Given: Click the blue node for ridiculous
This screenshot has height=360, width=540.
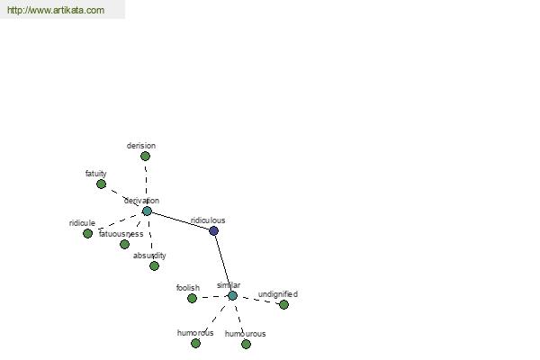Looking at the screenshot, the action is click(213, 230).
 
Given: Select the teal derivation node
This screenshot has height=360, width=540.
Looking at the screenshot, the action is click(147, 211).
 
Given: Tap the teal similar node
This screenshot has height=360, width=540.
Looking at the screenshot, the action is click(232, 295).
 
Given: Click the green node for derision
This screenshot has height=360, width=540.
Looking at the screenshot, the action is click(145, 157).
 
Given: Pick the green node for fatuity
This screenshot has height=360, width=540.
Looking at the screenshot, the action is click(101, 184).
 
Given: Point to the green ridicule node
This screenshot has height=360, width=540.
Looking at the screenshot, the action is click(88, 234).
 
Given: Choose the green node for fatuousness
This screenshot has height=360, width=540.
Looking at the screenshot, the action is click(125, 244).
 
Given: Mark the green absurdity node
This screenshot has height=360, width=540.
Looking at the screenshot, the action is click(154, 266).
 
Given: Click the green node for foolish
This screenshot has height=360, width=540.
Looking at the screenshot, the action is click(193, 298).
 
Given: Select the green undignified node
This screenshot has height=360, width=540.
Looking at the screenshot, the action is click(283, 304).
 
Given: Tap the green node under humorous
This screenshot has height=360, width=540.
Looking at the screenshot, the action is click(195, 343).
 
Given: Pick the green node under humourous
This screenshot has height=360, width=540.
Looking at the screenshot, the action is click(246, 344).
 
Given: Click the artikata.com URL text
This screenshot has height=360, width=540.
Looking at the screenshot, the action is click(56, 10).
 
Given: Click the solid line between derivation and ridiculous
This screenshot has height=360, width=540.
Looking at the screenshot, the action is click(181, 220).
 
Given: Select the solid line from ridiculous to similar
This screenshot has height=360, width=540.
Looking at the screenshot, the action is click(223, 263).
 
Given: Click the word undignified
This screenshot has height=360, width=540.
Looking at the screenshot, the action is click(278, 294).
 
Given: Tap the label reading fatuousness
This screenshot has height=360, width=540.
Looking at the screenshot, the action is click(121, 234).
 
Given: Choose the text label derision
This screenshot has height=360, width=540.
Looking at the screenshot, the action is click(141, 146).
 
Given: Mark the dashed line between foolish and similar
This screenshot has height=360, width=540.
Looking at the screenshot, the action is click(212, 297).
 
